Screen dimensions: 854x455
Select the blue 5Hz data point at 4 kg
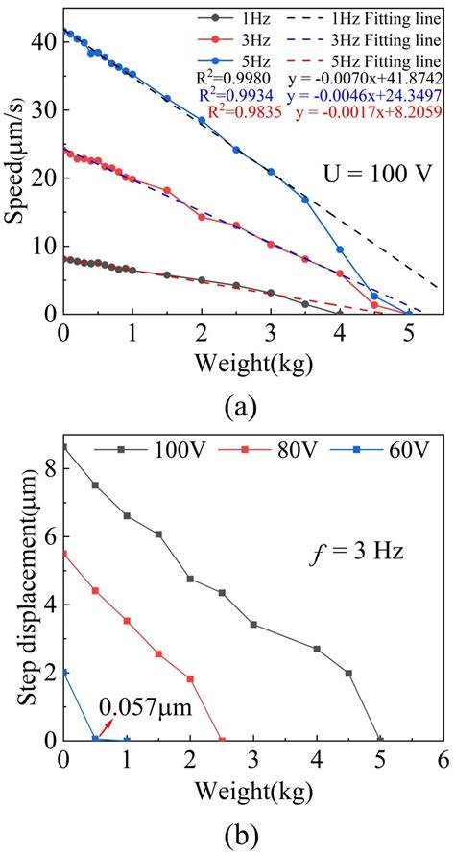coord(339,249)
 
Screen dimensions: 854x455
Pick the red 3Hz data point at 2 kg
coord(202,217)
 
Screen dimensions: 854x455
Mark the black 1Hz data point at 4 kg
coord(339,313)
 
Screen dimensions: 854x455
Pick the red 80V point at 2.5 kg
coord(222,740)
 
